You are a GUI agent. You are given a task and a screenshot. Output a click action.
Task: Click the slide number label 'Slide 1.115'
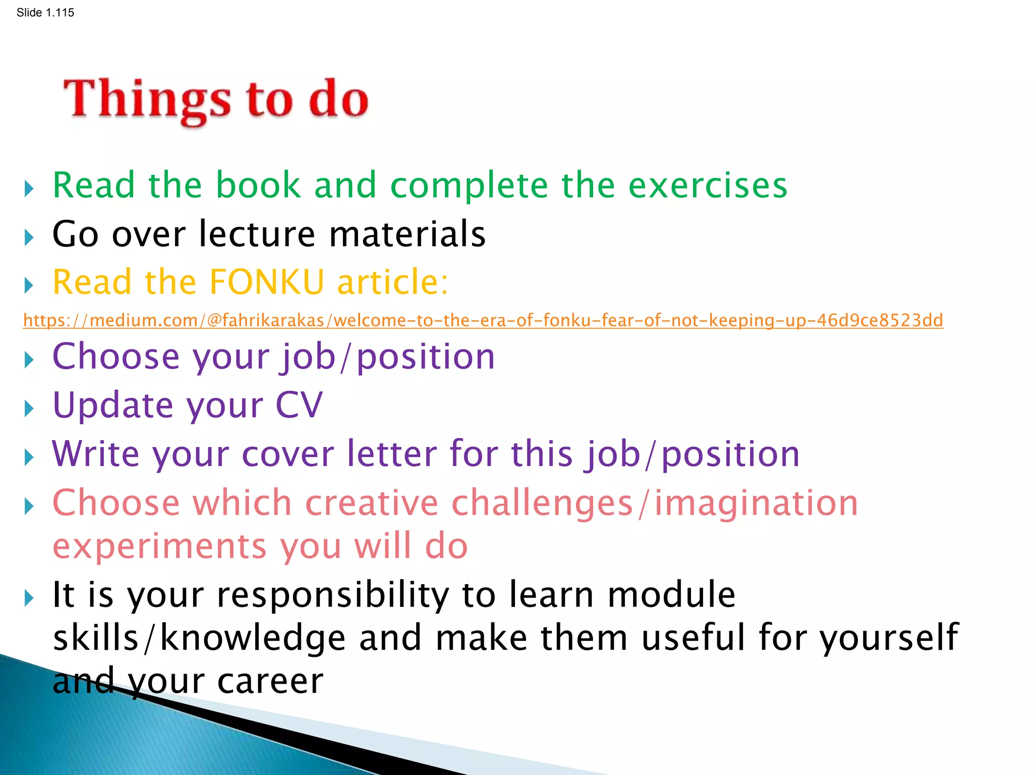[x=45, y=13]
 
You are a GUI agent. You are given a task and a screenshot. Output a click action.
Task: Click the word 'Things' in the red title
[x=147, y=99]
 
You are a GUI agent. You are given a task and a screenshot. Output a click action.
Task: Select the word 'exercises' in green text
[x=707, y=185]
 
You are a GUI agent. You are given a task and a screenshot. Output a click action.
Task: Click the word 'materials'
[x=407, y=234]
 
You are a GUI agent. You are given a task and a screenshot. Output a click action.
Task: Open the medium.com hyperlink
[x=483, y=320]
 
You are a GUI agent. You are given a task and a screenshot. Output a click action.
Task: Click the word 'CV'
[x=299, y=405]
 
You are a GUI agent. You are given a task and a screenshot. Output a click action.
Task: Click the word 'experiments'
[x=159, y=546]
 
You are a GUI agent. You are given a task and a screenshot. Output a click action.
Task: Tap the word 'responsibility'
[x=332, y=594]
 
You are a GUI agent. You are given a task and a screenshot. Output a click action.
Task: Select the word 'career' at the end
[x=270, y=681]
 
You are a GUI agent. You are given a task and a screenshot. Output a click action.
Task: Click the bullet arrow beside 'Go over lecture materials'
[x=29, y=237]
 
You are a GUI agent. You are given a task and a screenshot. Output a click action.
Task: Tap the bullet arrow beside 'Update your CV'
[x=29, y=408]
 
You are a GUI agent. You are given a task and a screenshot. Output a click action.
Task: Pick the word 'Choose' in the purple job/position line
[x=116, y=357]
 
